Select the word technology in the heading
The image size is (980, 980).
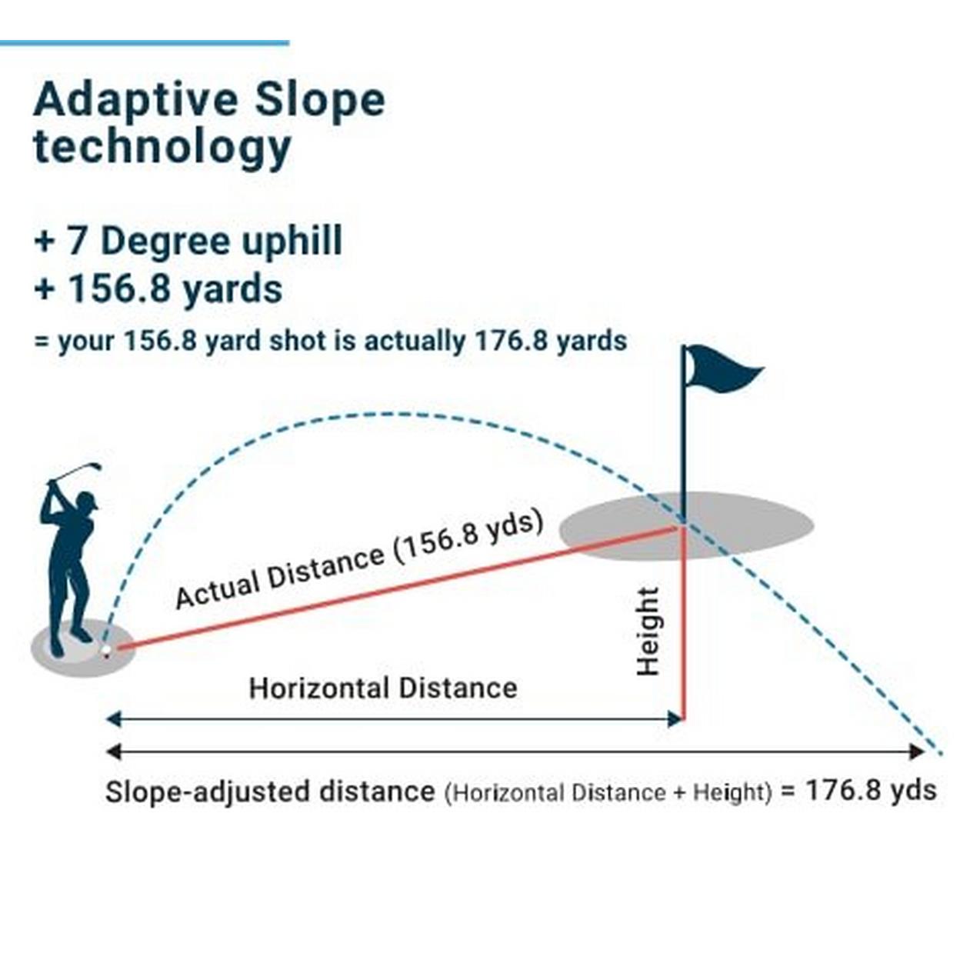162,148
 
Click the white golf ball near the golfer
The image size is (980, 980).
106,650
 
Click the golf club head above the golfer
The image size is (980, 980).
95,466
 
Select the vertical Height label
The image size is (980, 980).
648,631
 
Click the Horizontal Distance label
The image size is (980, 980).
383,688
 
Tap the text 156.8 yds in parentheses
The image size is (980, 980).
468,536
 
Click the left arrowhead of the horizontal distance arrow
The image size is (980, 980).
114,719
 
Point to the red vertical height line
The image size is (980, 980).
684,624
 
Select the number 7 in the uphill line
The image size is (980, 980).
76,241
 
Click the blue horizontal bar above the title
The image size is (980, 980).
145,43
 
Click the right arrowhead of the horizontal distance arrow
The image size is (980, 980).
675,719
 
